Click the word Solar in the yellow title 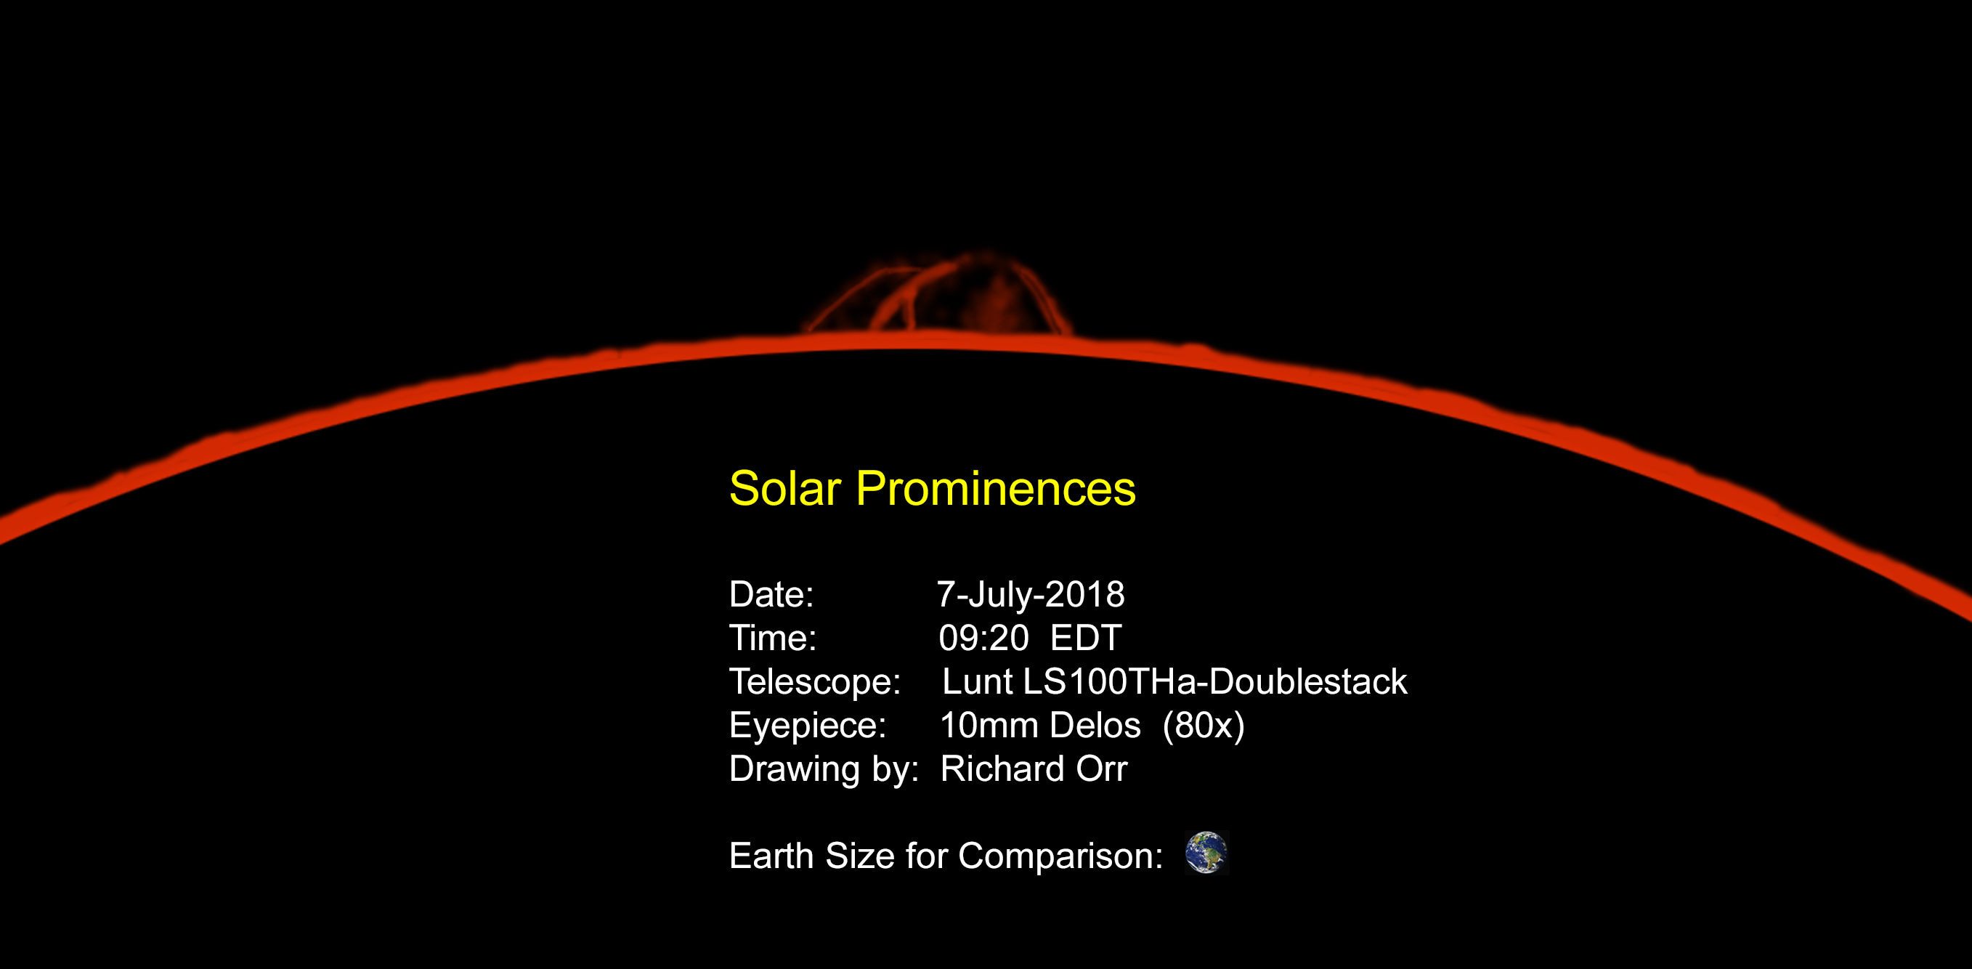[784, 488]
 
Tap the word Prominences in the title [995, 488]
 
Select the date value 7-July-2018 [1031, 595]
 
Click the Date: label [771, 595]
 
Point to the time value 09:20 [983, 638]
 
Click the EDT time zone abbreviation [1086, 638]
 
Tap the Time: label [772, 638]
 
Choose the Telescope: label [814, 682]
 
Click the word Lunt [978, 682]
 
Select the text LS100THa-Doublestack [1215, 682]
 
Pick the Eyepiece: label [808, 726]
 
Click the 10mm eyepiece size [989, 726]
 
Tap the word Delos [1095, 726]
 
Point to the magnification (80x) [1204, 726]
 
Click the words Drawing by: [824, 769]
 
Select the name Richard [1002, 769]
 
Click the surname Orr [1102, 769]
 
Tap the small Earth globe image [1206, 853]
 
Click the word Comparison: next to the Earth [1060, 856]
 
